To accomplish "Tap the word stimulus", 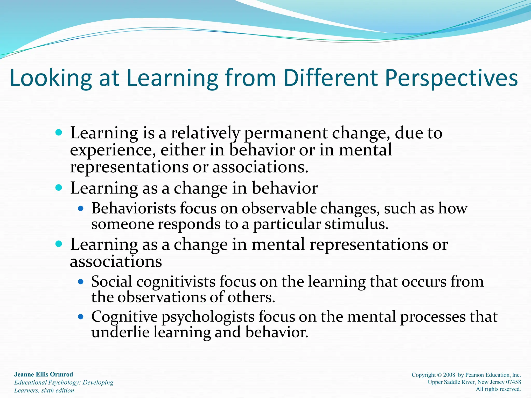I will [357, 224].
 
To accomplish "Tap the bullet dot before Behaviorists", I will [81, 208].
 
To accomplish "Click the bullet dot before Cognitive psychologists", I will [81, 317].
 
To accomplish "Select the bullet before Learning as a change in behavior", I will [59, 187].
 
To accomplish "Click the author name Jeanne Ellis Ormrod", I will [44, 374].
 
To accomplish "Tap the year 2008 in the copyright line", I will [449, 375].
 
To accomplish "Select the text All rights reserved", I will [498, 389].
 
